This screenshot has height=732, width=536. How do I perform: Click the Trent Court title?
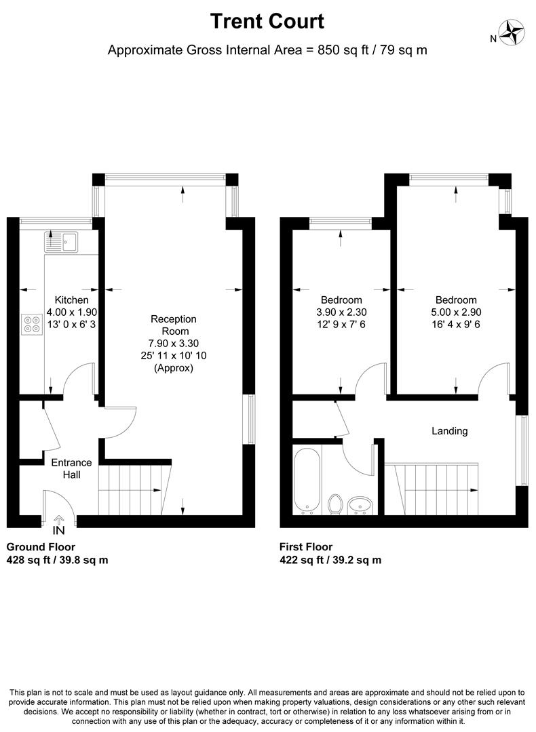(267, 22)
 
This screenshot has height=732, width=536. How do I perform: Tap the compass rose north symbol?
(512, 33)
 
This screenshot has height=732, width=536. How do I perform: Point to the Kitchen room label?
(71, 300)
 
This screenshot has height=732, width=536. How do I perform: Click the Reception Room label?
(174, 325)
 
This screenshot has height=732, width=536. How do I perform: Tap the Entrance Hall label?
(71, 469)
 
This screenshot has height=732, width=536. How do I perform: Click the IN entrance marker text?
(59, 530)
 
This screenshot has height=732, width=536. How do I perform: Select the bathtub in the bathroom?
(307, 481)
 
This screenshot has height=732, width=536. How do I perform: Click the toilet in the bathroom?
(335, 504)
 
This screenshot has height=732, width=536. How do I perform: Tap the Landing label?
(450, 431)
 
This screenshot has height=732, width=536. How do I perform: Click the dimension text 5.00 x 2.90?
(456, 312)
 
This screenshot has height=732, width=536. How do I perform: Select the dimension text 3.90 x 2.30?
(341, 312)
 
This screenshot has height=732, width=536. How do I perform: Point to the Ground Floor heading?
(41, 547)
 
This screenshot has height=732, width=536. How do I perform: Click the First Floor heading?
(306, 547)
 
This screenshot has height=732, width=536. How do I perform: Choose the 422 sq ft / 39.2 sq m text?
(330, 560)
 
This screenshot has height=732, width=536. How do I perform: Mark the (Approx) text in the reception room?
(174, 368)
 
